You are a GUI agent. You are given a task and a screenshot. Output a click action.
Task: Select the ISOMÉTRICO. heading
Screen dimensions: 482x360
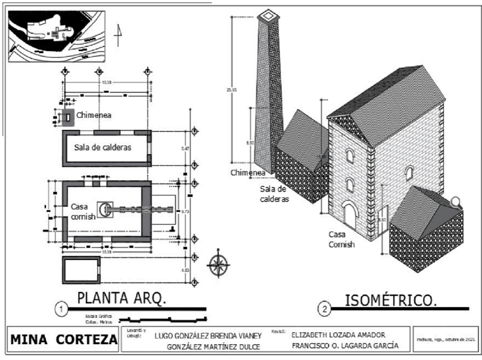(390, 300)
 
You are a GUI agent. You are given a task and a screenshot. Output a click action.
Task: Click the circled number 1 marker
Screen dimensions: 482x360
(61, 309)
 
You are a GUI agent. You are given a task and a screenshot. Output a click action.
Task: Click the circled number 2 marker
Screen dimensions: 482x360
(324, 309)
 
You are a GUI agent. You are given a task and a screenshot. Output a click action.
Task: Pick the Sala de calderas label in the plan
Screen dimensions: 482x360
(103, 147)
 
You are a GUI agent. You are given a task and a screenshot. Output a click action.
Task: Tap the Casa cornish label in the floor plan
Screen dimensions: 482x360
(83, 211)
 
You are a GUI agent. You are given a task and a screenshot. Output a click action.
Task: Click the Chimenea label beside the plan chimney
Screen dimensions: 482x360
(93, 115)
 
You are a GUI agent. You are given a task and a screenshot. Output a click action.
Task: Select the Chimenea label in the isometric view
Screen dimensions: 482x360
(248, 173)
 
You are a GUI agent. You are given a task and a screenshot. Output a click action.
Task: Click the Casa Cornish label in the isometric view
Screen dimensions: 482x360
(341, 239)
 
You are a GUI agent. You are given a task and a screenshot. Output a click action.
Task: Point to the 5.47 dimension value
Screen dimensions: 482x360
(185, 149)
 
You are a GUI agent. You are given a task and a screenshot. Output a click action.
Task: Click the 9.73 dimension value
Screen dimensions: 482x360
(185, 212)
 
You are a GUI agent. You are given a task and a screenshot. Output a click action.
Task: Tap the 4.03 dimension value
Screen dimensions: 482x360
(185, 270)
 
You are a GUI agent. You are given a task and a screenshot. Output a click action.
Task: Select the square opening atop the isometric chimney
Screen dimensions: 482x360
(268, 15)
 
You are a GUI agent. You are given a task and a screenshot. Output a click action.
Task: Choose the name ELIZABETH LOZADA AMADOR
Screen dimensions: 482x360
(338, 335)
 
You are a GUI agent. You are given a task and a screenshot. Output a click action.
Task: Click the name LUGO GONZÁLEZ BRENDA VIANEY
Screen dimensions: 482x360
(208, 336)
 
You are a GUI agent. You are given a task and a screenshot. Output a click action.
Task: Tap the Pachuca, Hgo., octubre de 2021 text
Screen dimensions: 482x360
(446, 339)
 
